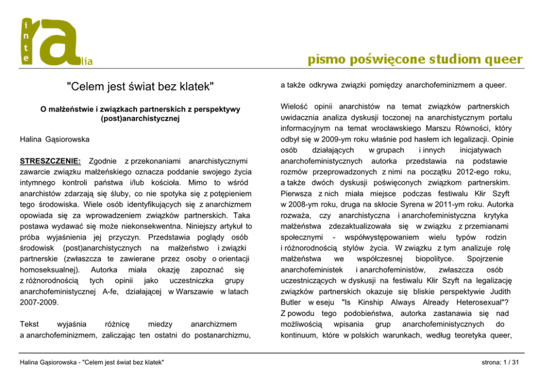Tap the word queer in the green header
[502, 59]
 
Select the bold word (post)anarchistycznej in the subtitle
[140, 118]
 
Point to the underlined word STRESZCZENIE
[50, 161]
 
